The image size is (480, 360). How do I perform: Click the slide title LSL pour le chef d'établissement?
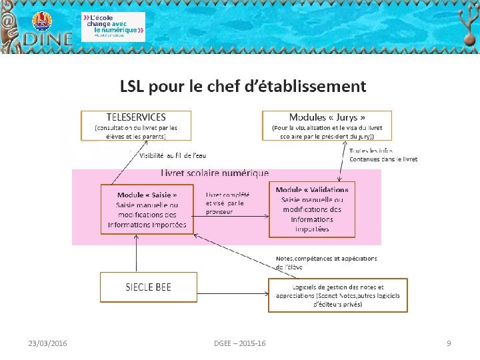tap(243, 86)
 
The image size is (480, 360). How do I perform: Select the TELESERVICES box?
tap(137, 125)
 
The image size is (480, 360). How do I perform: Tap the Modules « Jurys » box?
tap(327, 125)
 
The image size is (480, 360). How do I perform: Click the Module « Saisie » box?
tap(147, 209)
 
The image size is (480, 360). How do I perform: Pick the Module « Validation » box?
tap(312, 209)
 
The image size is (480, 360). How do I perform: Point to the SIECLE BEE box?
tap(148, 287)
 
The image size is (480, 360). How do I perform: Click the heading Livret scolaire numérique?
tap(215, 173)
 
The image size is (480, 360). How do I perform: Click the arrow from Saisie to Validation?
tap(231, 215)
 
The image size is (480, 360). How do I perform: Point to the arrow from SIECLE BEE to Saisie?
tap(136, 253)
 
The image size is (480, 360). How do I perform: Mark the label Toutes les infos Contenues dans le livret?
tap(383, 155)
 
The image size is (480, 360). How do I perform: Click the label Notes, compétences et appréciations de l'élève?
tap(326, 262)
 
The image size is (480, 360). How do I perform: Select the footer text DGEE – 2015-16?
tap(239, 343)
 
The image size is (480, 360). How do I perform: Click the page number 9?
tap(449, 343)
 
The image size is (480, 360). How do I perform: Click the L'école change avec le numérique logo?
tap(113, 27)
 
